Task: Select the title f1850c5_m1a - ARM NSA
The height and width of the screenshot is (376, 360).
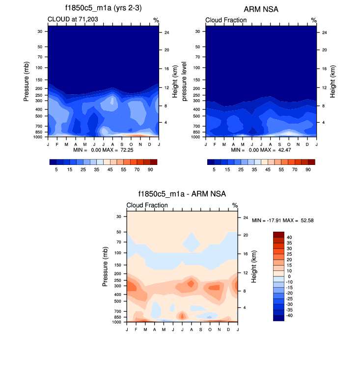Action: tap(182, 194)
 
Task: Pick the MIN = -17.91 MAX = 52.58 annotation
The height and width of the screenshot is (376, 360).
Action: tap(282, 220)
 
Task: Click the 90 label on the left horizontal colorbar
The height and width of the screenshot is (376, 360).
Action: tap(150, 169)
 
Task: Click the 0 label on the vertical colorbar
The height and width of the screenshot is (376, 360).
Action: tap(289, 276)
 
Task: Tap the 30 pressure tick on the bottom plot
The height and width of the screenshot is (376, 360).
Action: tap(118, 216)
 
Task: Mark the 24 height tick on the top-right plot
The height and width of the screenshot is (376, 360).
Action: tap(321, 32)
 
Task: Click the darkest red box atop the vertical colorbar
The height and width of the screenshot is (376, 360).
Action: tap(278, 234)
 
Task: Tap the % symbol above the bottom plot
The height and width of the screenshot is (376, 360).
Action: tap(235, 205)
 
